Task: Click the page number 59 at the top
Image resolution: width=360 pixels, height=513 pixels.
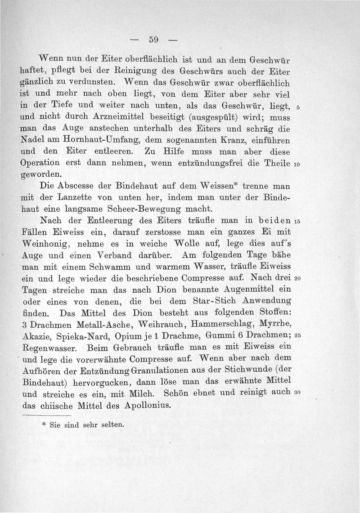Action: pos(154,40)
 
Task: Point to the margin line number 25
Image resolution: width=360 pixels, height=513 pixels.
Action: pos(297,336)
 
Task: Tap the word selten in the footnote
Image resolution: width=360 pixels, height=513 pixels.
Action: pos(111,424)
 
